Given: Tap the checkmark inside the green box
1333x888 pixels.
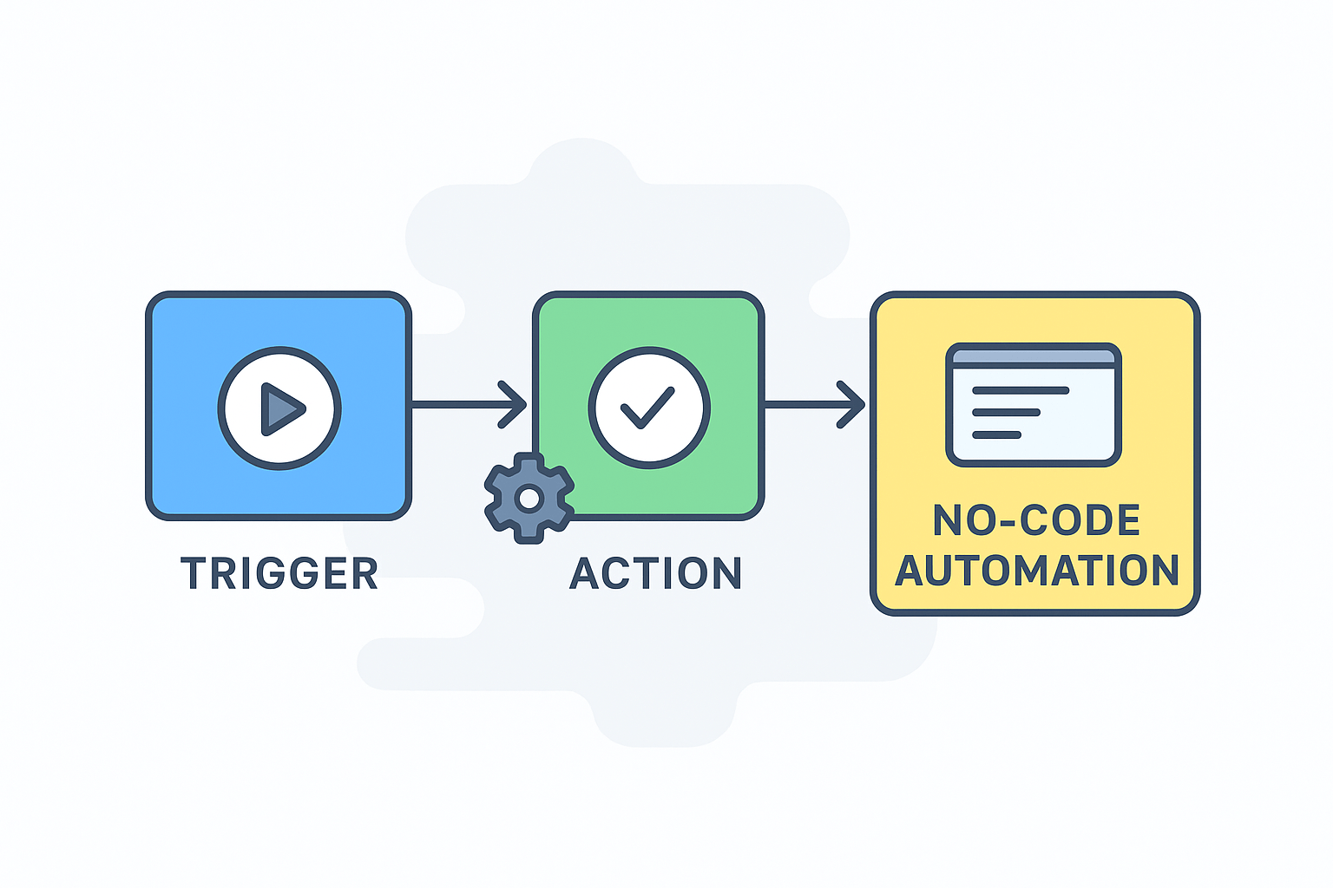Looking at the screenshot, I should [x=647, y=408].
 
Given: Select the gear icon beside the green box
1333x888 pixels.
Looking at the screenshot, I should [x=529, y=498].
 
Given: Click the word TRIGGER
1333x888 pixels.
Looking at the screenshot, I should [x=279, y=574].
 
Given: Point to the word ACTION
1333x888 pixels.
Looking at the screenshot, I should [x=656, y=574].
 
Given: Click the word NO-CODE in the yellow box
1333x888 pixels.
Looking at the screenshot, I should [x=1036, y=520].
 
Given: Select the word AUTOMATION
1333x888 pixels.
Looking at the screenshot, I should [x=1037, y=571].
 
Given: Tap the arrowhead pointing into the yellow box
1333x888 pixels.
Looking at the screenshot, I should [x=853, y=404].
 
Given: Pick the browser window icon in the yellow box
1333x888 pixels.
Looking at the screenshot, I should [x=1033, y=405].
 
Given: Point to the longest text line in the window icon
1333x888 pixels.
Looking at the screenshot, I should [x=1021, y=390].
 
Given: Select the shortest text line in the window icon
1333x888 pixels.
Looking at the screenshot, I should [x=996, y=434].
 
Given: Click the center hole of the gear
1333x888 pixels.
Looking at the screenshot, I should [x=529, y=499].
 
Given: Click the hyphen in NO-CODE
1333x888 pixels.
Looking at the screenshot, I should [x=1007, y=521].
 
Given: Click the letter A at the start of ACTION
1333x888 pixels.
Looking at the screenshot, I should [x=586, y=574].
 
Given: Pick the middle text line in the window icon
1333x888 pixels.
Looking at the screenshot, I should [x=1006, y=413].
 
